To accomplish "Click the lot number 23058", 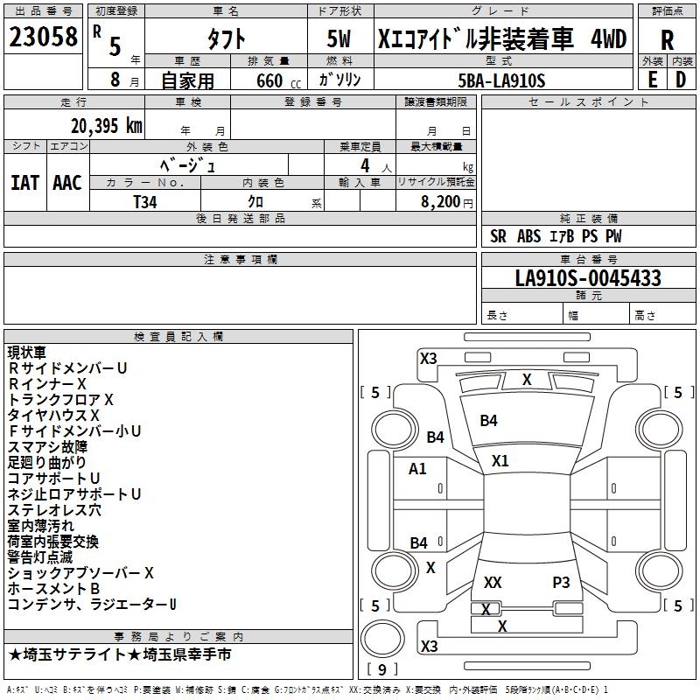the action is click(x=43, y=38).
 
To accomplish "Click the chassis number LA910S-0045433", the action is click(x=588, y=278).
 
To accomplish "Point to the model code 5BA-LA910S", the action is click(x=501, y=80).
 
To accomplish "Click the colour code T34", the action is click(x=145, y=201).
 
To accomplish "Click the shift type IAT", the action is click(x=24, y=182).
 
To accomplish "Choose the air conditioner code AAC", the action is click(x=66, y=182).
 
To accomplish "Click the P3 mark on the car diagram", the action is click(x=561, y=582).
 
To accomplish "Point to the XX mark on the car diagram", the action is click(x=493, y=582).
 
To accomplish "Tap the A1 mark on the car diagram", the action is click(x=417, y=468).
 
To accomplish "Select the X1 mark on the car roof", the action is click(x=500, y=460).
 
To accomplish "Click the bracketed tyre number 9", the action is click(x=381, y=669).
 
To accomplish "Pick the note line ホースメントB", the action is click(x=53, y=589).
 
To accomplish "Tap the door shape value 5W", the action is click(x=339, y=39).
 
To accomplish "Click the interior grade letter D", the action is click(x=681, y=80).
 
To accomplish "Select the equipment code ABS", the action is click(x=528, y=235).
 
